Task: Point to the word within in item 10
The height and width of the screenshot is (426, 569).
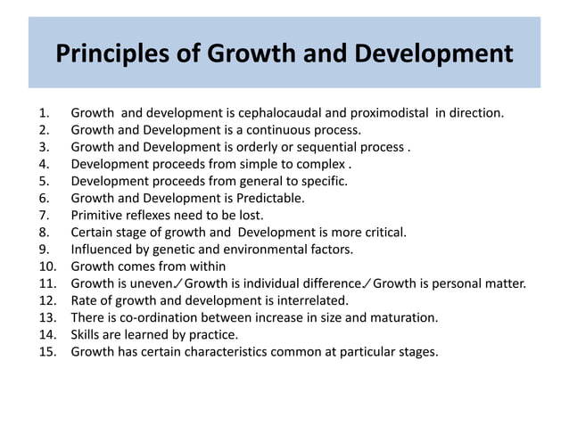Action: pyautogui.click(x=205, y=266)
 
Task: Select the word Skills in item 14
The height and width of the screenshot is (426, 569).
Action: pyautogui.click(x=87, y=333)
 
